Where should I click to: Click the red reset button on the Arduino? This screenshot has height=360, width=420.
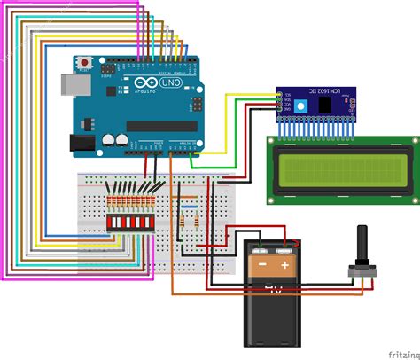tap(84, 63)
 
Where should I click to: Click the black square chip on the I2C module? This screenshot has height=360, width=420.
tap(329, 105)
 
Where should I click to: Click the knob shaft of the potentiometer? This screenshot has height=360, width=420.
tap(362, 244)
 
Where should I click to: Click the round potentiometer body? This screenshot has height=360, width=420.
tap(362, 270)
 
